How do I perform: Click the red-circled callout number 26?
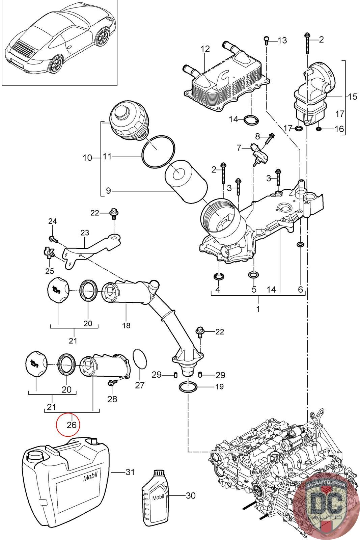(x=71, y=424)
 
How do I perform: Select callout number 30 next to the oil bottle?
(x=191, y=495)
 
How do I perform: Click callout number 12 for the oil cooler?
(x=205, y=49)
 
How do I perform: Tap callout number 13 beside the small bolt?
(x=282, y=40)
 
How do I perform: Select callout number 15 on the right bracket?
(x=352, y=97)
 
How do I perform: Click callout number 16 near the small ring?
(x=339, y=129)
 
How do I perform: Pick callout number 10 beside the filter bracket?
(x=87, y=157)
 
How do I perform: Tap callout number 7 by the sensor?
(x=239, y=147)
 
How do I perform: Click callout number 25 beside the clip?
(x=50, y=262)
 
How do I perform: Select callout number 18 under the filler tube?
(x=126, y=326)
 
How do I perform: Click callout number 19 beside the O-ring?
(x=219, y=386)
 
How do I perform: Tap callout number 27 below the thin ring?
(x=140, y=385)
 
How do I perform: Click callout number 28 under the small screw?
(x=112, y=399)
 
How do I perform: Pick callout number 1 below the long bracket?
(x=258, y=309)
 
